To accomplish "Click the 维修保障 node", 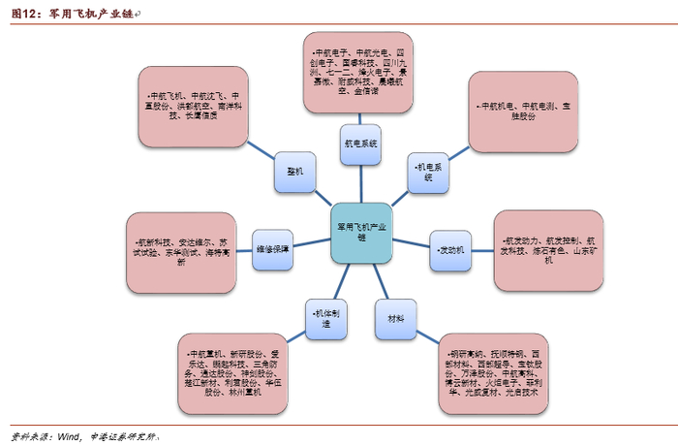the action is pyautogui.click(x=272, y=248).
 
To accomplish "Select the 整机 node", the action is pyautogui.click(x=294, y=170).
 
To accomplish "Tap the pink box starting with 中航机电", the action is pyautogui.click(x=524, y=111).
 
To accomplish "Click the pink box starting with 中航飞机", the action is pyautogui.click(x=194, y=106).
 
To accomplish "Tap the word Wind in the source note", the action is pyautogui.click(x=67, y=435).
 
